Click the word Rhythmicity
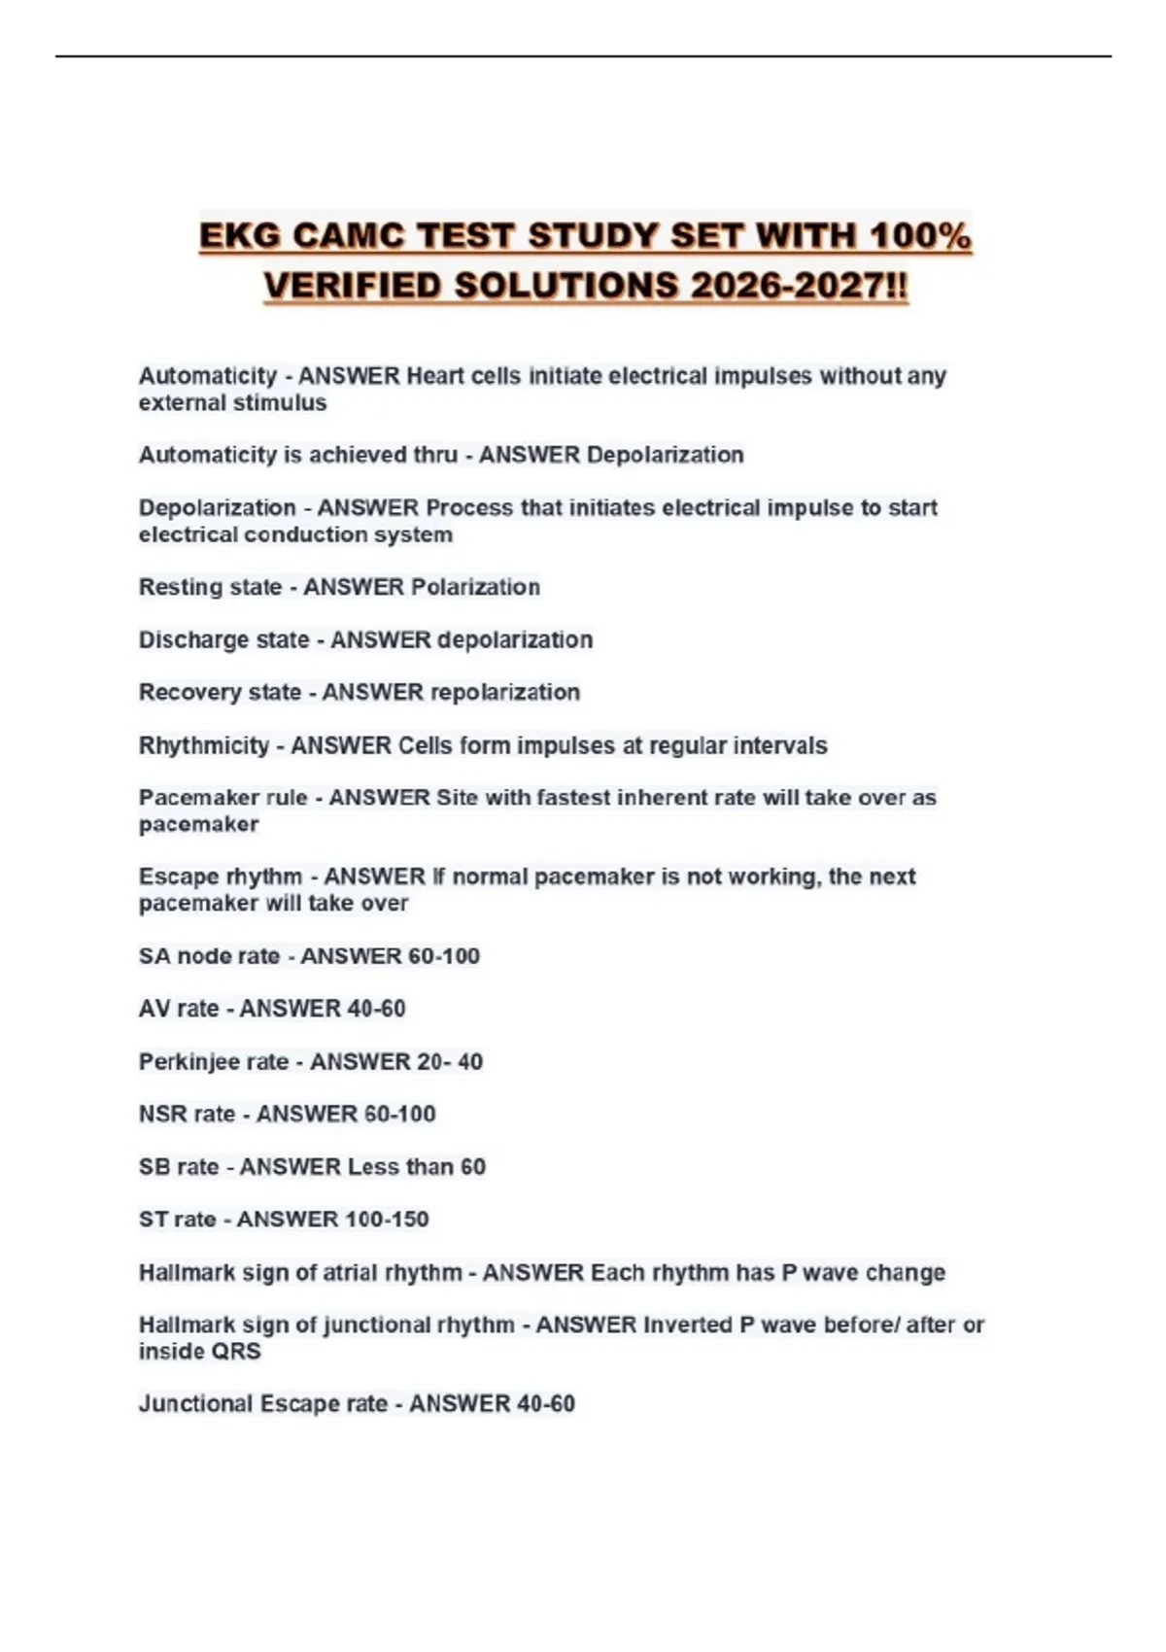[x=203, y=745]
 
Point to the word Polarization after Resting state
[x=476, y=587]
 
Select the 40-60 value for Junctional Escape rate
[x=546, y=1403]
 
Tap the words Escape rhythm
[x=220, y=877]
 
